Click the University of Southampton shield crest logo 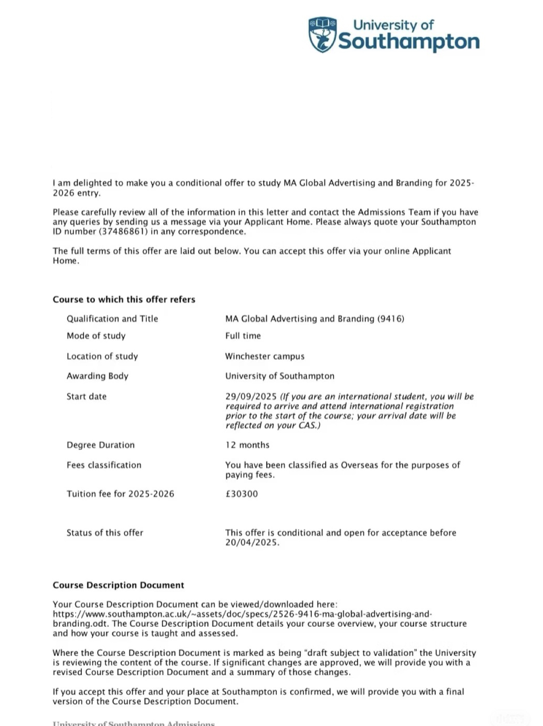(x=323, y=35)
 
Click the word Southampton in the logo (x=409, y=42)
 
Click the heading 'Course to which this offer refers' (x=124, y=300)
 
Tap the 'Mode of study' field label (x=96, y=336)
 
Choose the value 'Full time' (x=243, y=336)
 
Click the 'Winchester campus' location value (x=265, y=356)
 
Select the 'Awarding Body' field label (x=97, y=376)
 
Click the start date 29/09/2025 (x=251, y=397)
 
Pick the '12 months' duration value (x=247, y=445)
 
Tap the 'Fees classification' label (x=104, y=465)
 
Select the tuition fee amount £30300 (x=241, y=494)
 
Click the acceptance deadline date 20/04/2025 (x=251, y=543)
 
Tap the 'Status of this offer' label (x=104, y=533)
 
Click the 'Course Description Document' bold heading (x=118, y=585)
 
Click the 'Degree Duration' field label (x=101, y=445)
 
